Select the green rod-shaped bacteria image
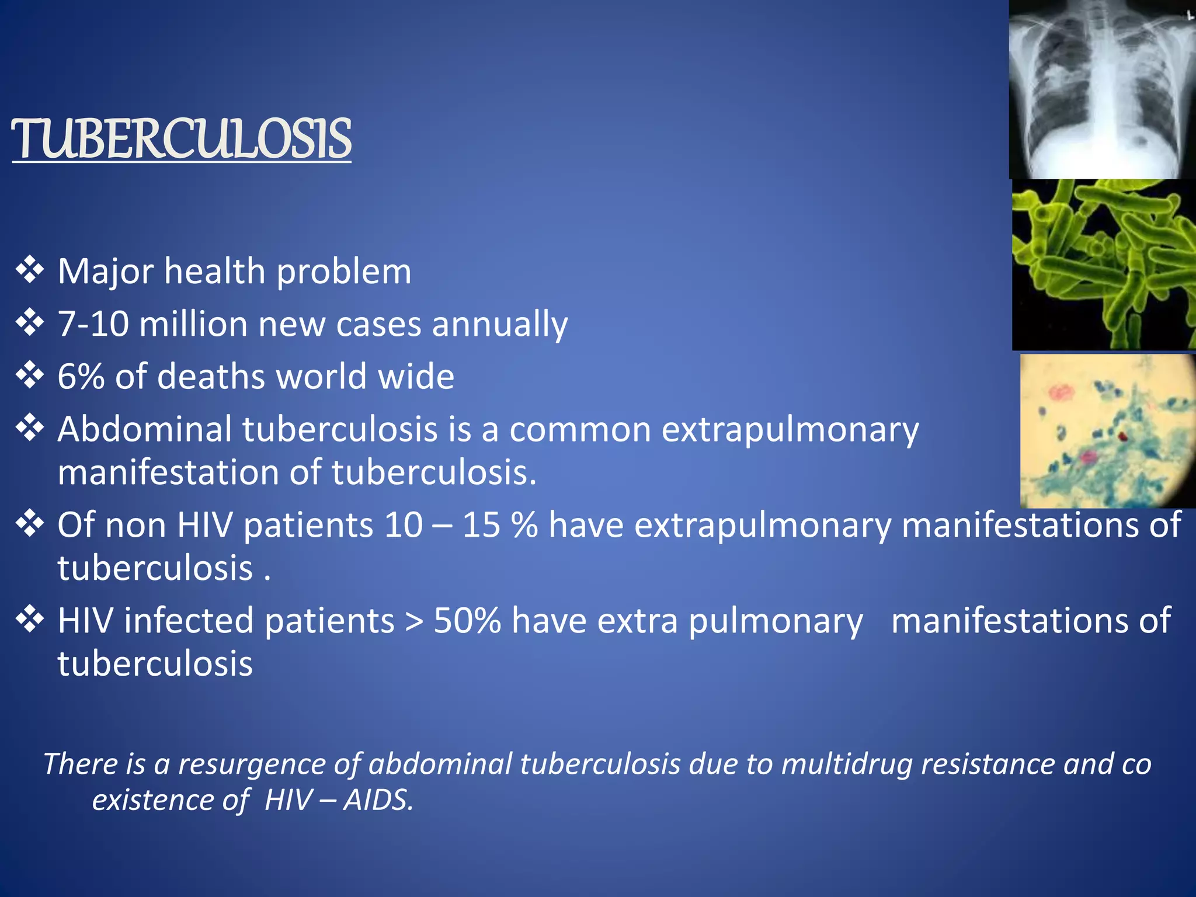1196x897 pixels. point(1104,265)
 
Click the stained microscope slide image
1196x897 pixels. point(1108,431)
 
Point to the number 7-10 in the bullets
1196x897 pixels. point(93,324)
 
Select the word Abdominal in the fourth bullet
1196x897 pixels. point(145,429)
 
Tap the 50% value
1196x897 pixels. point(467,620)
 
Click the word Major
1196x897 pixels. point(106,272)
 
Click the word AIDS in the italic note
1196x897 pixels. point(378,800)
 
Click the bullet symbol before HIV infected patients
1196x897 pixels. point(30,619)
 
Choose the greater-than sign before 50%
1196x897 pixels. point(414,621)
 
